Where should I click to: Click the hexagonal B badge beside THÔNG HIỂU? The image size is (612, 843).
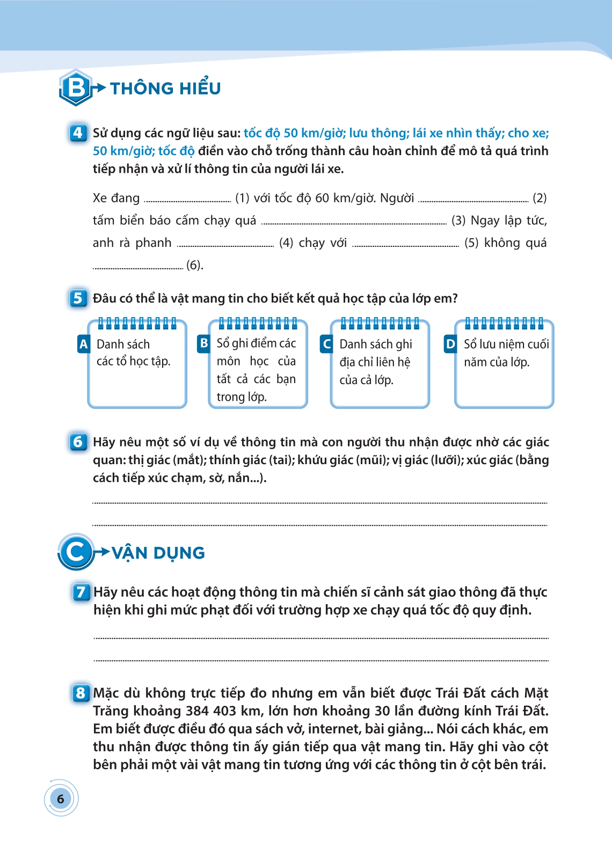[76, 87]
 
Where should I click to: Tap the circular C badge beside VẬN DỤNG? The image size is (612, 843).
[76, 552]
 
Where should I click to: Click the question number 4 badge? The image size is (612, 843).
[78, 133]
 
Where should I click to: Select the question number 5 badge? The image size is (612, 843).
[78, 298]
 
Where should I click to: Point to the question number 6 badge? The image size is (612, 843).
[78, 442]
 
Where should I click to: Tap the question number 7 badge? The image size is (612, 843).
[81, 592]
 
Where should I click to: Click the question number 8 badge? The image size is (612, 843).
[81, 693]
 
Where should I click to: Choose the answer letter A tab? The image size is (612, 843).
[83, 344]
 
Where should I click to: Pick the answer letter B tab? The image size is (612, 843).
[203, 343]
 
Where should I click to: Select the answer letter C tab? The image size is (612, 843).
[326, 344]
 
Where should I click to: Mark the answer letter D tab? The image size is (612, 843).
[450, 344]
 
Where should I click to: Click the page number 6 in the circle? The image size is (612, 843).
[61, 798]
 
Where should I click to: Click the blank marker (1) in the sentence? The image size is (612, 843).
[242, 198]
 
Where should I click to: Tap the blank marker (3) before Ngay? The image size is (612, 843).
[458, 221]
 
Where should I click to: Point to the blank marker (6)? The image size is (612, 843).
[194, 265]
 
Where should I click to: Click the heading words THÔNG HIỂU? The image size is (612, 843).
[165, 88]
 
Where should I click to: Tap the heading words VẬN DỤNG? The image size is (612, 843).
[158, 553]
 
